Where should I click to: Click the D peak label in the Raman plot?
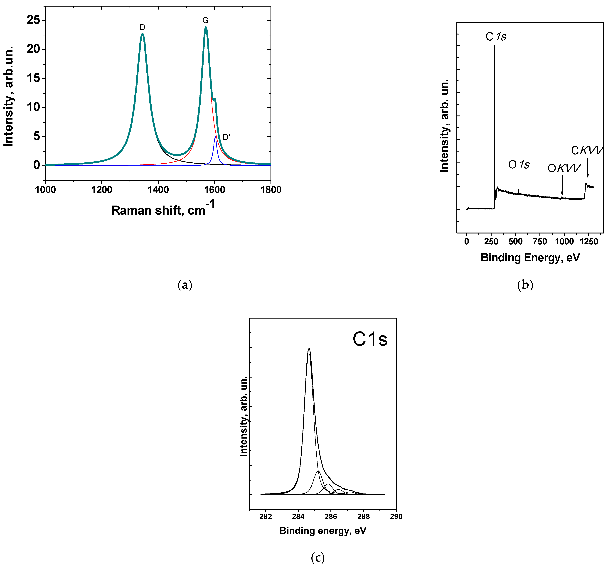142,27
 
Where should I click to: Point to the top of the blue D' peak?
215,137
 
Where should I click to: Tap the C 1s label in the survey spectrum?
496,37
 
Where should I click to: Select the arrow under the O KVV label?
562,185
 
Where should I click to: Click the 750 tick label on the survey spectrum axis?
540,242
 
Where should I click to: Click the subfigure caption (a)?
185,285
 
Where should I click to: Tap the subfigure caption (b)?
525,285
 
